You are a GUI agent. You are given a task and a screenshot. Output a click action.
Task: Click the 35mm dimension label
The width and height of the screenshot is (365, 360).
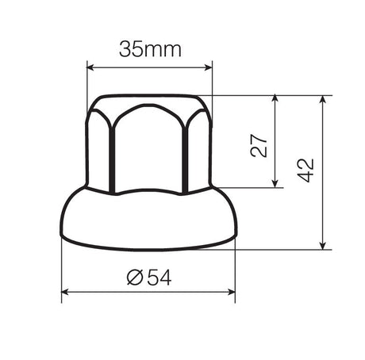[x=151, y=49]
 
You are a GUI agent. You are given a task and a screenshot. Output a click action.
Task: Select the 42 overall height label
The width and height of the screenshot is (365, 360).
[x=306, y=170]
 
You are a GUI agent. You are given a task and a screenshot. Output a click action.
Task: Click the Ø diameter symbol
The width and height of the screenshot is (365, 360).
[x=134, y=278]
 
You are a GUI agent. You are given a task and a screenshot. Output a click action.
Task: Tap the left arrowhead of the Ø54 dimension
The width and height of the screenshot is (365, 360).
[x=66, y=293]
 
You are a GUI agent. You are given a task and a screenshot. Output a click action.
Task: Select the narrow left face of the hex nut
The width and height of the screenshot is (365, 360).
[x=98, y=151]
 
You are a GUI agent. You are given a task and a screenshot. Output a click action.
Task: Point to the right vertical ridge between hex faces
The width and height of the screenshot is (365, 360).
[x=186, y=155]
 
